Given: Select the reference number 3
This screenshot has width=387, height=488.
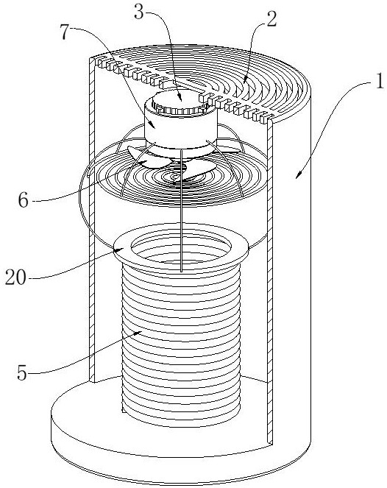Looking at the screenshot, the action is click(139, 12).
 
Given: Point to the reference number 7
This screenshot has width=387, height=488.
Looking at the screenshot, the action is click(65, 32).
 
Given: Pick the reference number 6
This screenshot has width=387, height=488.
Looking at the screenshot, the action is click(24, 199).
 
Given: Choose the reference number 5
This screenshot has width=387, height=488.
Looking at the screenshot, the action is click(22, 372).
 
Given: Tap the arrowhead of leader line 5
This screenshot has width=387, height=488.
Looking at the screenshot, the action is click(139, 333).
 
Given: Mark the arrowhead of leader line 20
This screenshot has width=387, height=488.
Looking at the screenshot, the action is click(122, 248).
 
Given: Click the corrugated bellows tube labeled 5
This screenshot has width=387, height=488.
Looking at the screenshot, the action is click(181, 342).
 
